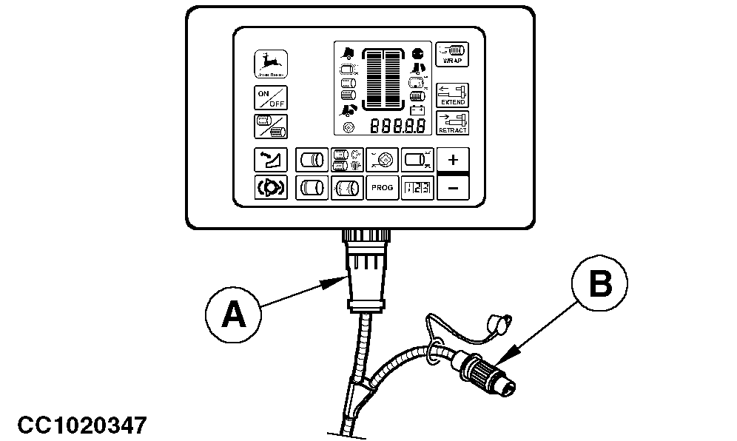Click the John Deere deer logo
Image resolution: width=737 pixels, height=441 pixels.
pyautogui.click(x=272, y=64)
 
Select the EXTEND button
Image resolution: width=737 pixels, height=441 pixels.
pyautogui.click(x=451, y=95)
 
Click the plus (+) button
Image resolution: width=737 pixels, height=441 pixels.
pyautogui.click(x=454, y=160)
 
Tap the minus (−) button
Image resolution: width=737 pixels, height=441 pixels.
pyautogui.click(x=454, y=188)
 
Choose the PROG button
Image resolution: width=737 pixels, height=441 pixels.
pyautogui.click(x=383, y=188)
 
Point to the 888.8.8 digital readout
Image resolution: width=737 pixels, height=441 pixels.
pyautogui.click(x=398, y=126)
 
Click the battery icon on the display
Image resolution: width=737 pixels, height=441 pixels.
pyautogui.click(x=417, y=110)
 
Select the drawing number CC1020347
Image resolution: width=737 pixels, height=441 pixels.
pyautogui.click(x=83, y=425)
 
